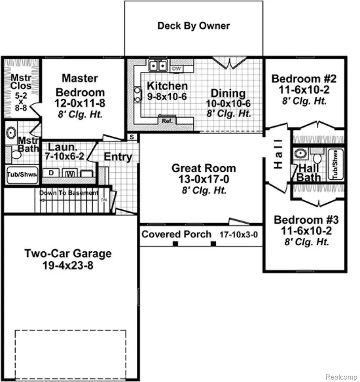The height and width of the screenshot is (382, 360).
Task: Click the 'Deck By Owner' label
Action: point(194,26)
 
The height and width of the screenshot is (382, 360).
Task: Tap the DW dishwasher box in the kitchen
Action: point(176,69)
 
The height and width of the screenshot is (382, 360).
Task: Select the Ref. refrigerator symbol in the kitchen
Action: point(165,119)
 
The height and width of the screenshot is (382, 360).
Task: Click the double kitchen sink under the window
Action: point(158,65)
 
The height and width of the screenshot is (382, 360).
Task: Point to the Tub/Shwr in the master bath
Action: point(22,174)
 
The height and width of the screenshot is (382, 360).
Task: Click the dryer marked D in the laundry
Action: point(51,173)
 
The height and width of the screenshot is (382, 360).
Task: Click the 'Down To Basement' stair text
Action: point(68,193)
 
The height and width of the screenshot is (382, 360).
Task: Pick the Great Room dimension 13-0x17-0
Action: point(204,179)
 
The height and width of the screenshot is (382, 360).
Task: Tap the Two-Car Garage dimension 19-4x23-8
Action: point(68,265)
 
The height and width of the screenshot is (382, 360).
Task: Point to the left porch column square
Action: point(175,244)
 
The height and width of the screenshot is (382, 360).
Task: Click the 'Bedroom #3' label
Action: point(306,220)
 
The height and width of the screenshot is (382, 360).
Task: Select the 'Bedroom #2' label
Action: point(304,78)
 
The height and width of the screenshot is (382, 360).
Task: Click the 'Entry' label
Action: point(118,157)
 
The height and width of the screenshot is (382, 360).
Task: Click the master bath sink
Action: point(11,133)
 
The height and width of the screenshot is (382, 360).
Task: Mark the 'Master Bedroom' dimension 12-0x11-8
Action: point(80,103)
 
